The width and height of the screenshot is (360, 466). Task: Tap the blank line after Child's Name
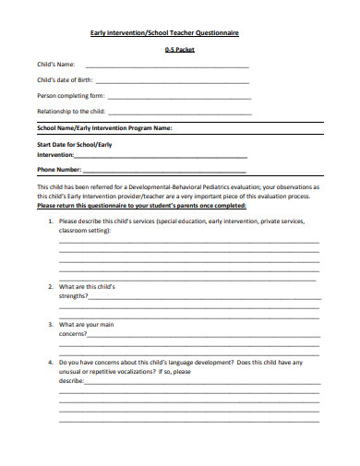(166, 67)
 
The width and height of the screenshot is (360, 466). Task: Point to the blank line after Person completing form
(179, 96)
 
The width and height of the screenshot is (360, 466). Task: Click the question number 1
(50, 221)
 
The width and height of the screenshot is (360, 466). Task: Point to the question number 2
(50, 287)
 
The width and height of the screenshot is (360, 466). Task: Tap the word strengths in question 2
(73, 296)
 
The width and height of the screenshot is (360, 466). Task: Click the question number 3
(50, 325)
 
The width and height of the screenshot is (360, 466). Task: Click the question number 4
(50, 363)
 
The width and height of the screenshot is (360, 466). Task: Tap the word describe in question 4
(71, 381)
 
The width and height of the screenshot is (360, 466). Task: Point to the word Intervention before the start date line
(61, 155)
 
